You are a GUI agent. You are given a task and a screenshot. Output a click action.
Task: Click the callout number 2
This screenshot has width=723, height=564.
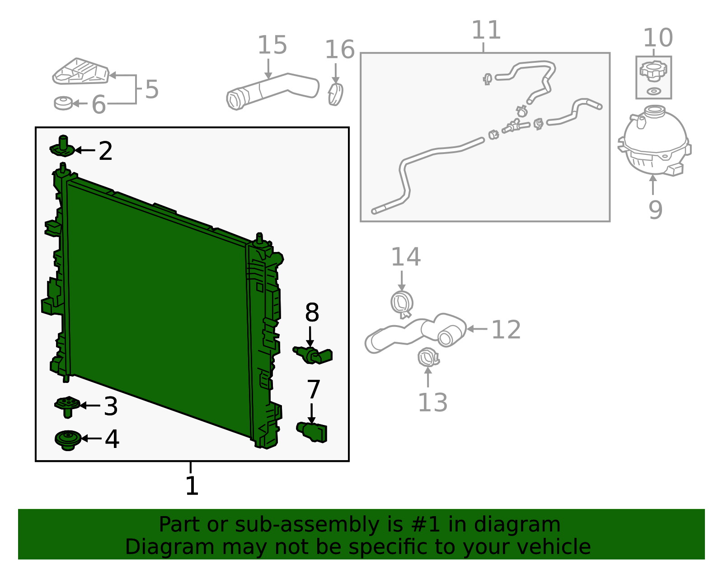105,151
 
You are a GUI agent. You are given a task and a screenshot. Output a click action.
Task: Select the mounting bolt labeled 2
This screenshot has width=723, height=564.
62,146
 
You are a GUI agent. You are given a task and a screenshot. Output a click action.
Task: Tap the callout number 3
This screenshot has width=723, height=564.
111,406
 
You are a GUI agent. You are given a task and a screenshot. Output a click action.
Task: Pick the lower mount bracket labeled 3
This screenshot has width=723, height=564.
67,406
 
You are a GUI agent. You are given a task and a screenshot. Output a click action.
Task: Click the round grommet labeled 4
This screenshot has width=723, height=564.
68,440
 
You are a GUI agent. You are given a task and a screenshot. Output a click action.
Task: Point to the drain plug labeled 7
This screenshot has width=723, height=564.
312,432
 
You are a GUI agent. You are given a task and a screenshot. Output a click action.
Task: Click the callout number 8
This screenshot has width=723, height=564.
312,312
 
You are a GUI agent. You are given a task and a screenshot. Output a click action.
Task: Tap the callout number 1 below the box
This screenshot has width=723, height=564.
192,486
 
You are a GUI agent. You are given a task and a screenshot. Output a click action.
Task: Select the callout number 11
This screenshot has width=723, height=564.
486,30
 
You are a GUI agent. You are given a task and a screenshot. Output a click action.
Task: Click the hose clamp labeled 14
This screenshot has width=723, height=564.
402,304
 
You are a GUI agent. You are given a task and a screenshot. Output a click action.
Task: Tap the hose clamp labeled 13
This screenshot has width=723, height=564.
428,357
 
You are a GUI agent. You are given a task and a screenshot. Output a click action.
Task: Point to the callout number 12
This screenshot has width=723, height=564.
506,330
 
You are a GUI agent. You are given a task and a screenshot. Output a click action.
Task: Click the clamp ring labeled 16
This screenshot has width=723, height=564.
336,94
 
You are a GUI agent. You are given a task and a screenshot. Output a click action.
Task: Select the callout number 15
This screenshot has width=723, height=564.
272,45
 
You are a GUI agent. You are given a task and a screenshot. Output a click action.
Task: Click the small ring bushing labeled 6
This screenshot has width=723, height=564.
63,103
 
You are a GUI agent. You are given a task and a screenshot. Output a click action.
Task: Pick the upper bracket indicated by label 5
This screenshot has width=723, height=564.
81,71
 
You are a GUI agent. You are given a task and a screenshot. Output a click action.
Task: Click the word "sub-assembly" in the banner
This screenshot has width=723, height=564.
307,524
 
